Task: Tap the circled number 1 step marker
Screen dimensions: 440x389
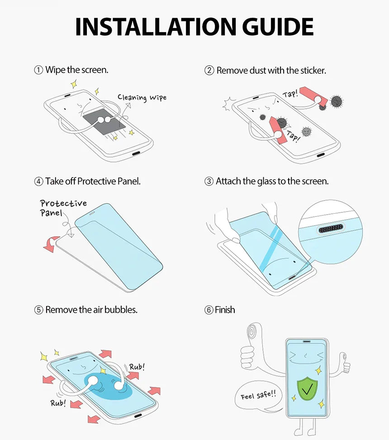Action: point(39,70)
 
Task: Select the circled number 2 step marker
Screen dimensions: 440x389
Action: point(209,71)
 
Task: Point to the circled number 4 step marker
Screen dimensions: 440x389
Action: point(39,182)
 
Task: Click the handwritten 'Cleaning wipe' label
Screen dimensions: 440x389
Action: point(142,97)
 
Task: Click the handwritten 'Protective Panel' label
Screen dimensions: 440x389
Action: point(62,208)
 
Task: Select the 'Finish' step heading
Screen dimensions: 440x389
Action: point(225,310)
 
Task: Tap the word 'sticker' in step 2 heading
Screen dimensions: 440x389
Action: point(312,71)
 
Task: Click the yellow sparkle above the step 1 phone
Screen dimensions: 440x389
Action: point(74,84)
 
